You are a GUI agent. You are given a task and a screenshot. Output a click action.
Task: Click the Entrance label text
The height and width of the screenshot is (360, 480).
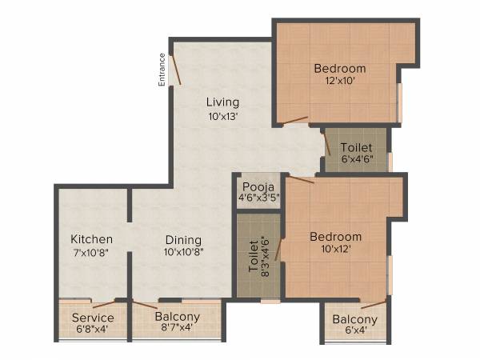tap(162, 70)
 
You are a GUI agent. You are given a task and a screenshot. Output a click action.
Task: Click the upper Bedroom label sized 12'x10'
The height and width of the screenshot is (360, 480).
tap(339, 68)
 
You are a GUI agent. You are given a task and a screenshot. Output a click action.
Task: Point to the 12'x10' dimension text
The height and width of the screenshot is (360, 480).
tap(339, 82)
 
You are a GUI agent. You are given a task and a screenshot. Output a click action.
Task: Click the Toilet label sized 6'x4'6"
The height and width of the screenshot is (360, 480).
tap(356, 148)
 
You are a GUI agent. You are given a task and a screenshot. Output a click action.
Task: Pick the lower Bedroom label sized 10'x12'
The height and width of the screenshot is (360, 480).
tap(336, 237)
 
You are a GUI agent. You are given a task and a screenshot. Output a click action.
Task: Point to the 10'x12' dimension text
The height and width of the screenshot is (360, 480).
tap(336, 250)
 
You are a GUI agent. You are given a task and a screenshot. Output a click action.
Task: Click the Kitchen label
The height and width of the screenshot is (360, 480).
tap(91, 239)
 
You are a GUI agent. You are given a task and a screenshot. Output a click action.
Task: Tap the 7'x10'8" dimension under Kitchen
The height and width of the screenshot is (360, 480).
tap(91, 253)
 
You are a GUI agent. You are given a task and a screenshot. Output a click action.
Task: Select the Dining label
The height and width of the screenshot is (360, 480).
tap(183, 240)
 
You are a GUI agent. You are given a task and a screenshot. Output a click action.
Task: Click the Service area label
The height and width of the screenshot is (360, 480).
tap(93, 318)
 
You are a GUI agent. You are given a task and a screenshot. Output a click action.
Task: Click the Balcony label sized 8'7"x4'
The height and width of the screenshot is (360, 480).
tap(177, 317)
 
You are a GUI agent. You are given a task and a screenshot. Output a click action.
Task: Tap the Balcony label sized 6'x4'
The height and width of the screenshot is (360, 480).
tap(354, 321)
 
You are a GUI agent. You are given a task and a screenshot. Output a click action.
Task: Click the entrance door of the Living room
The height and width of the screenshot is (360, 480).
tap(177, 71)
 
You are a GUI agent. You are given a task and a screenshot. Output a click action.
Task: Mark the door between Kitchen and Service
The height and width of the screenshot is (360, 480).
tap(104, 303)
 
